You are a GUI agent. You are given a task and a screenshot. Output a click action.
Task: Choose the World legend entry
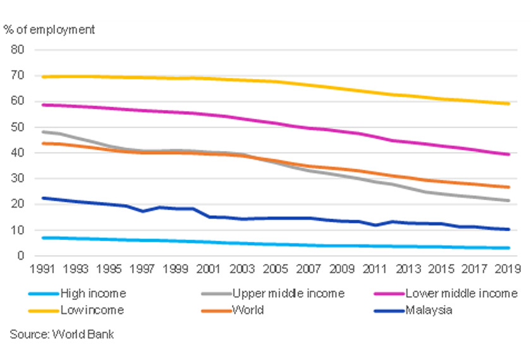[248, 310]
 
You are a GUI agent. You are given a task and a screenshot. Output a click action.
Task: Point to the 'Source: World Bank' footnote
[62, 334]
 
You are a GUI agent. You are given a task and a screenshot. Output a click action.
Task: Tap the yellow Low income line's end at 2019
[510, 104]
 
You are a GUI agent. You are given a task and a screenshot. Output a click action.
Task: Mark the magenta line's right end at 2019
[510, 154]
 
